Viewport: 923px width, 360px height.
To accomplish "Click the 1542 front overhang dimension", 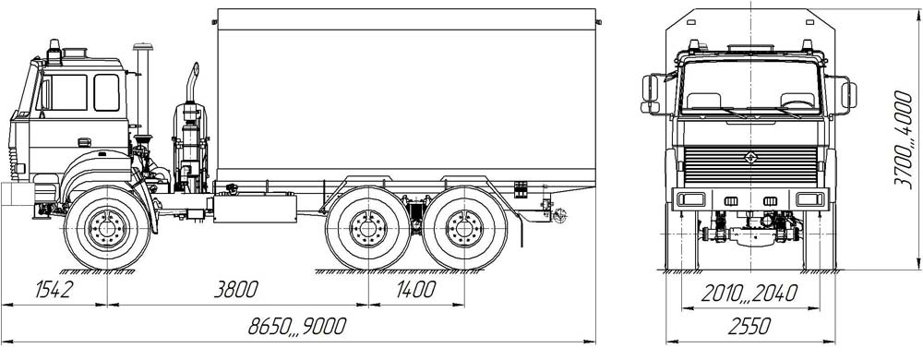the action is [54, 289].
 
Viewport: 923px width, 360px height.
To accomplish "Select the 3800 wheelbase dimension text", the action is [235, 289].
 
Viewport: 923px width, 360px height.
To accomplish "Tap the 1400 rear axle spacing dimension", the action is [415, 289].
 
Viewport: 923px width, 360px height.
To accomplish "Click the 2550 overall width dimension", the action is [749, 325].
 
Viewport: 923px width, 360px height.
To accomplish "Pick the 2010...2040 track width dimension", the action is [749, 293].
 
